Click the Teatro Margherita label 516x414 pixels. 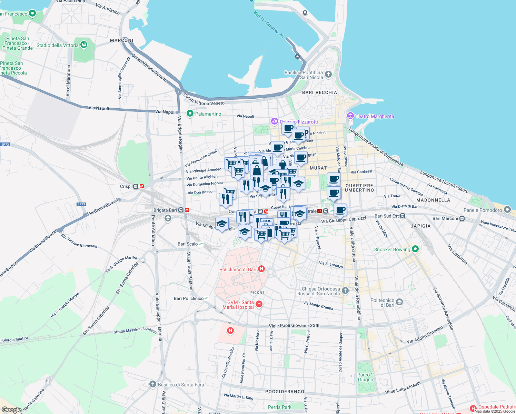(375, 116)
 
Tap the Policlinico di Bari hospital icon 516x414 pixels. (261, 269)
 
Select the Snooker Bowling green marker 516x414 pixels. (415, 249)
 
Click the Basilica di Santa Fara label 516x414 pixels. (181, 385)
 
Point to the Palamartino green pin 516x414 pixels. (190, 114)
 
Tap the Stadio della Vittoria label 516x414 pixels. (58, 45)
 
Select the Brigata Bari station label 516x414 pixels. (165, 210)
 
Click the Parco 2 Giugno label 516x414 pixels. (365, 377)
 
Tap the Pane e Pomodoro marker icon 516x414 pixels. (507, 209)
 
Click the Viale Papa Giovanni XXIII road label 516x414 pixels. (294, 326)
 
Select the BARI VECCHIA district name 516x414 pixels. (319, 92)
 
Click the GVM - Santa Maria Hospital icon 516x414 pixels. (259, 304)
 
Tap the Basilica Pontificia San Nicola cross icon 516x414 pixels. (328, 74)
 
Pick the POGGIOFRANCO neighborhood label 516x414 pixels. (285, 392)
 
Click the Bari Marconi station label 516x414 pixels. (445, 218)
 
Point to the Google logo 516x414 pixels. (11, 410)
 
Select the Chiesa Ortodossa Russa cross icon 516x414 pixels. (346, 291)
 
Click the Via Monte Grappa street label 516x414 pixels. (318, 305)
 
